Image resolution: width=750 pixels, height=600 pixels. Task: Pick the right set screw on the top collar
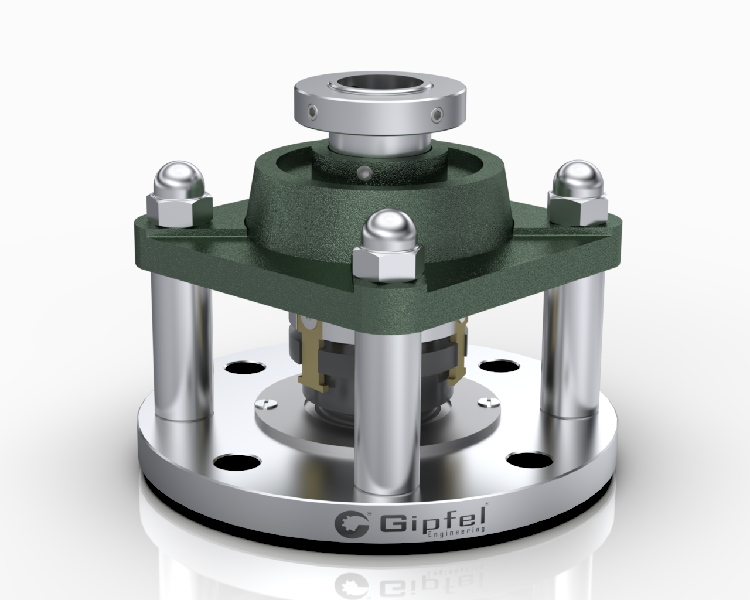click(x=439, y=113)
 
